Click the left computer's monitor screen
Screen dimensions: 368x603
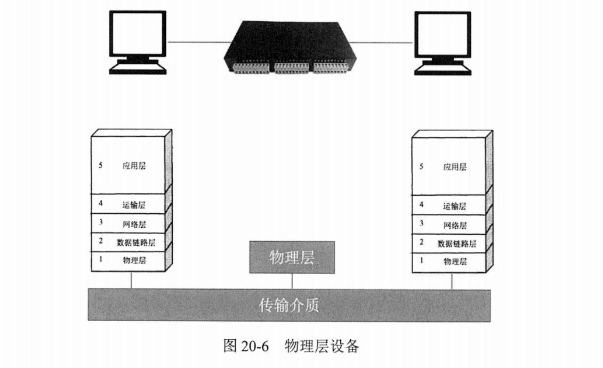137,33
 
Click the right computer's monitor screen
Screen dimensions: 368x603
443,33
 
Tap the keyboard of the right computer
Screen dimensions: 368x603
443,69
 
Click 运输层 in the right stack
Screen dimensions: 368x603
454,206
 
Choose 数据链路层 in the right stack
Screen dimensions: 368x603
456,244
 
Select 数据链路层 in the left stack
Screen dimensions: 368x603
136,243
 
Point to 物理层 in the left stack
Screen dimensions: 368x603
134,261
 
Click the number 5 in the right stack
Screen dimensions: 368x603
421,166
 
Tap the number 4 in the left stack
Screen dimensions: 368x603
100,204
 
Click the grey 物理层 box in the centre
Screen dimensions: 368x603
292,258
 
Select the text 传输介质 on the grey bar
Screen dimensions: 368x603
289,306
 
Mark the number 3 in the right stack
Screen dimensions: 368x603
421,223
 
